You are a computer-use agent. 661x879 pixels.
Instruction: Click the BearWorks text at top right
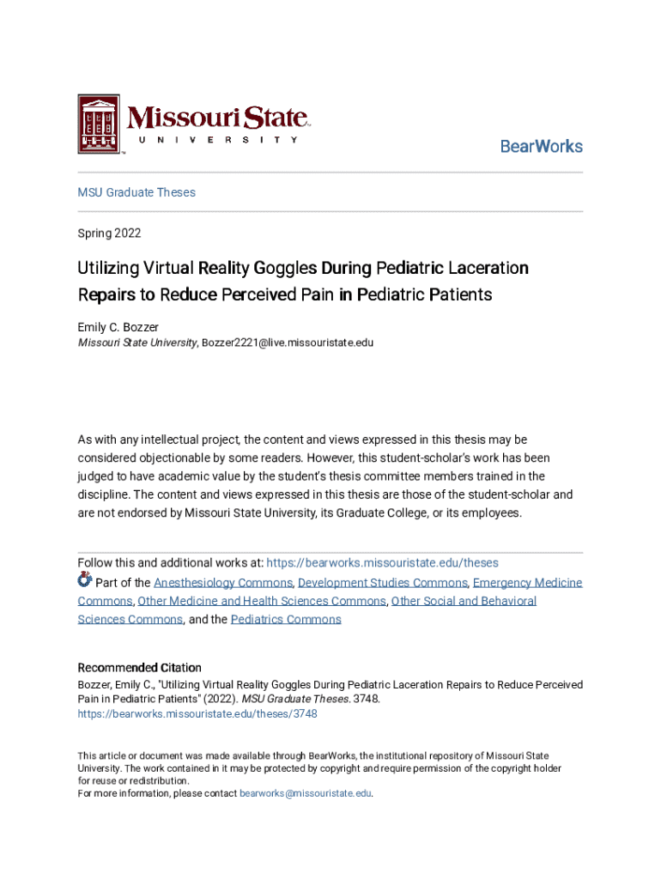coord(541,146)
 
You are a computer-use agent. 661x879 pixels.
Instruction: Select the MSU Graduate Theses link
coord(136,192)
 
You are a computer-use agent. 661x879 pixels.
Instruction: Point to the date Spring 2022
coord(109,233)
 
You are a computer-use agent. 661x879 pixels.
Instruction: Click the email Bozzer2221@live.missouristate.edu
coord(288,343)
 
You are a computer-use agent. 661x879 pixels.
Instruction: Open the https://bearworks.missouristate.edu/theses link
coord(382,563)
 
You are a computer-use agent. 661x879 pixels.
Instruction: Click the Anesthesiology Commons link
coord(223,583)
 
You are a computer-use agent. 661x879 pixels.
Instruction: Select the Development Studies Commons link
coord(382,583)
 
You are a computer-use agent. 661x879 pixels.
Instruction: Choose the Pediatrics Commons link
coord(286,619)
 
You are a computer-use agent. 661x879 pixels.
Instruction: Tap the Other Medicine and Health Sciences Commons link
coord(262,601)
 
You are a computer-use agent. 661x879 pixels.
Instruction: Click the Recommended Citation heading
coord(140,668)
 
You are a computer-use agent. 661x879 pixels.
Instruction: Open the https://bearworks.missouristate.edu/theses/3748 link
coord(197,713)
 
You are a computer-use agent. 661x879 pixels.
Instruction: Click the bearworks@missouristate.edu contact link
coord(305,793)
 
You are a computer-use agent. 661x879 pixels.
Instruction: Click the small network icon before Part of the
coord(85,579)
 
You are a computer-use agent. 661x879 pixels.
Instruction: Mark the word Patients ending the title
coord(459,294)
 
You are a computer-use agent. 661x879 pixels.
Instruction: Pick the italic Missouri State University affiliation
coord(137,343)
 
